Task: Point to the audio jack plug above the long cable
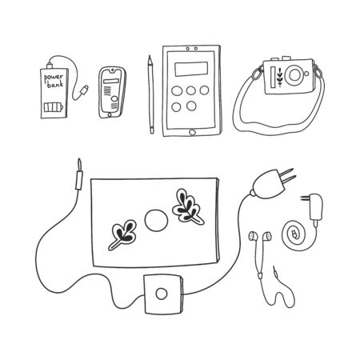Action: [x=77, y=172]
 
